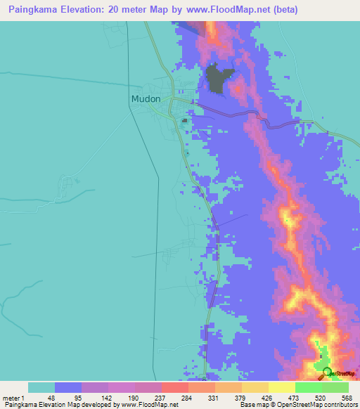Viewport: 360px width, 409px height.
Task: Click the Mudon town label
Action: pyautogui.click(x=146, y=99)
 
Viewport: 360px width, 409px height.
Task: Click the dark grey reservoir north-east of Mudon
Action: pyautogui.click(x=219, y=78)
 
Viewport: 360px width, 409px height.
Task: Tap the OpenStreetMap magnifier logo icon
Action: pyautogui.click(x=327, y=372)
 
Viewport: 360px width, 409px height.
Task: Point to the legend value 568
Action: pyautogui.click(x=345, y=397)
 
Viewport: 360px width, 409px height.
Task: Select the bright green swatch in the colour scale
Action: pyautogui.click(x=308, y=387)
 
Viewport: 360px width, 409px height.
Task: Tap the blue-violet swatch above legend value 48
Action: pyautogui.click(x=68, y=387)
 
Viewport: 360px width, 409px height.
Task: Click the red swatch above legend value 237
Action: pyautogui.click(x=174, y=387)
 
